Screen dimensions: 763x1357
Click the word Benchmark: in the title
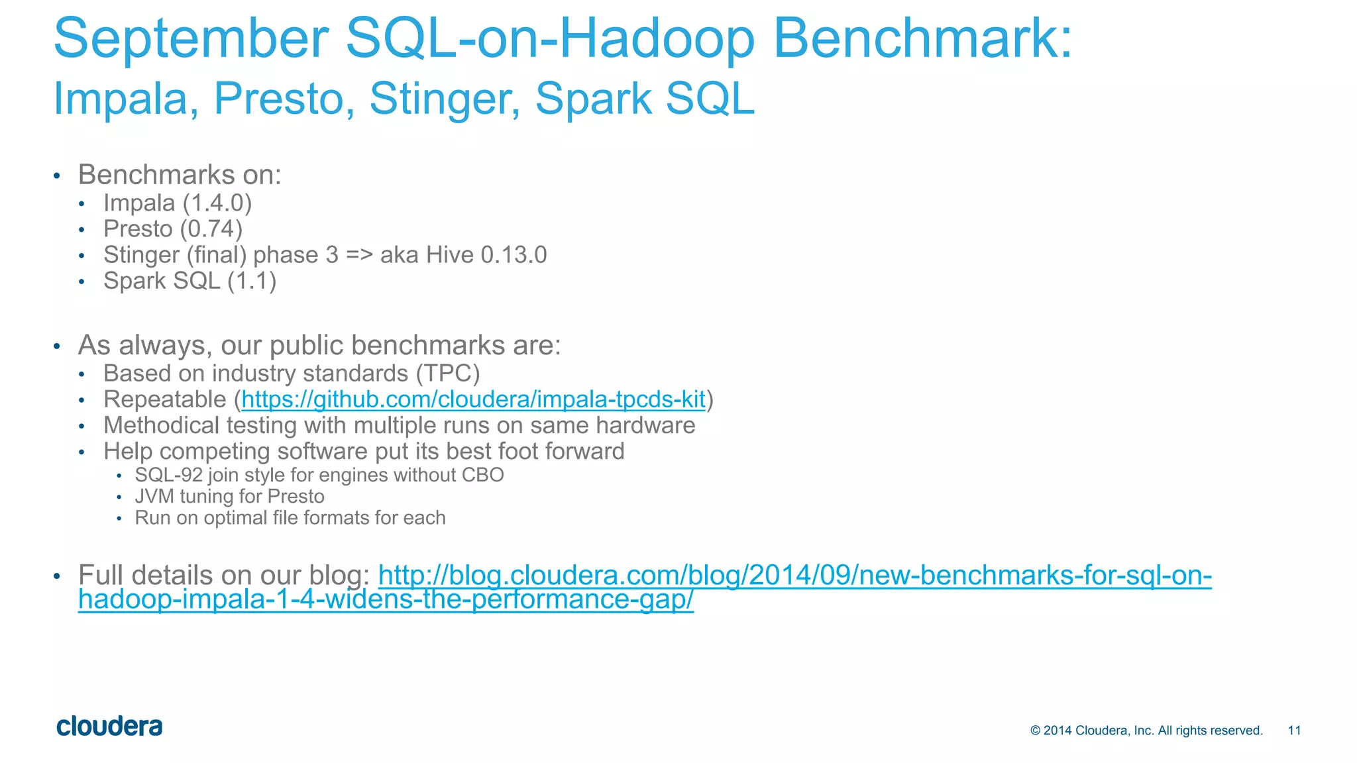click(x=922, y=38)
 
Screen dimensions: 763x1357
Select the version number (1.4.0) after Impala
click(x=217, y=203)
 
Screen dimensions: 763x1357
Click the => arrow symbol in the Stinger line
click(x=359, y=255)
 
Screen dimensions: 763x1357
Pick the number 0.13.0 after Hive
click(x=514, y=255)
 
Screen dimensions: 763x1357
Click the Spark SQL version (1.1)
click(x=252, y=281)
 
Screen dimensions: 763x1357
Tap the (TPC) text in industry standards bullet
click(x=448, y=374)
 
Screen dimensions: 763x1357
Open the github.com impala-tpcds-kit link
click(x=473, y=399)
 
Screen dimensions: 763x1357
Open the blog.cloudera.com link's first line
click(x=794, y=575)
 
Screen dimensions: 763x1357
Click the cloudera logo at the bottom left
click(x=109, y=727)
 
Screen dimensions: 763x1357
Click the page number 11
click(x=1294, y=731)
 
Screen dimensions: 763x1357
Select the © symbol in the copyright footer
click(x=1036, y=731)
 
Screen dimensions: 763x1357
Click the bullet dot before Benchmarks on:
click(x=57, y=176)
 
